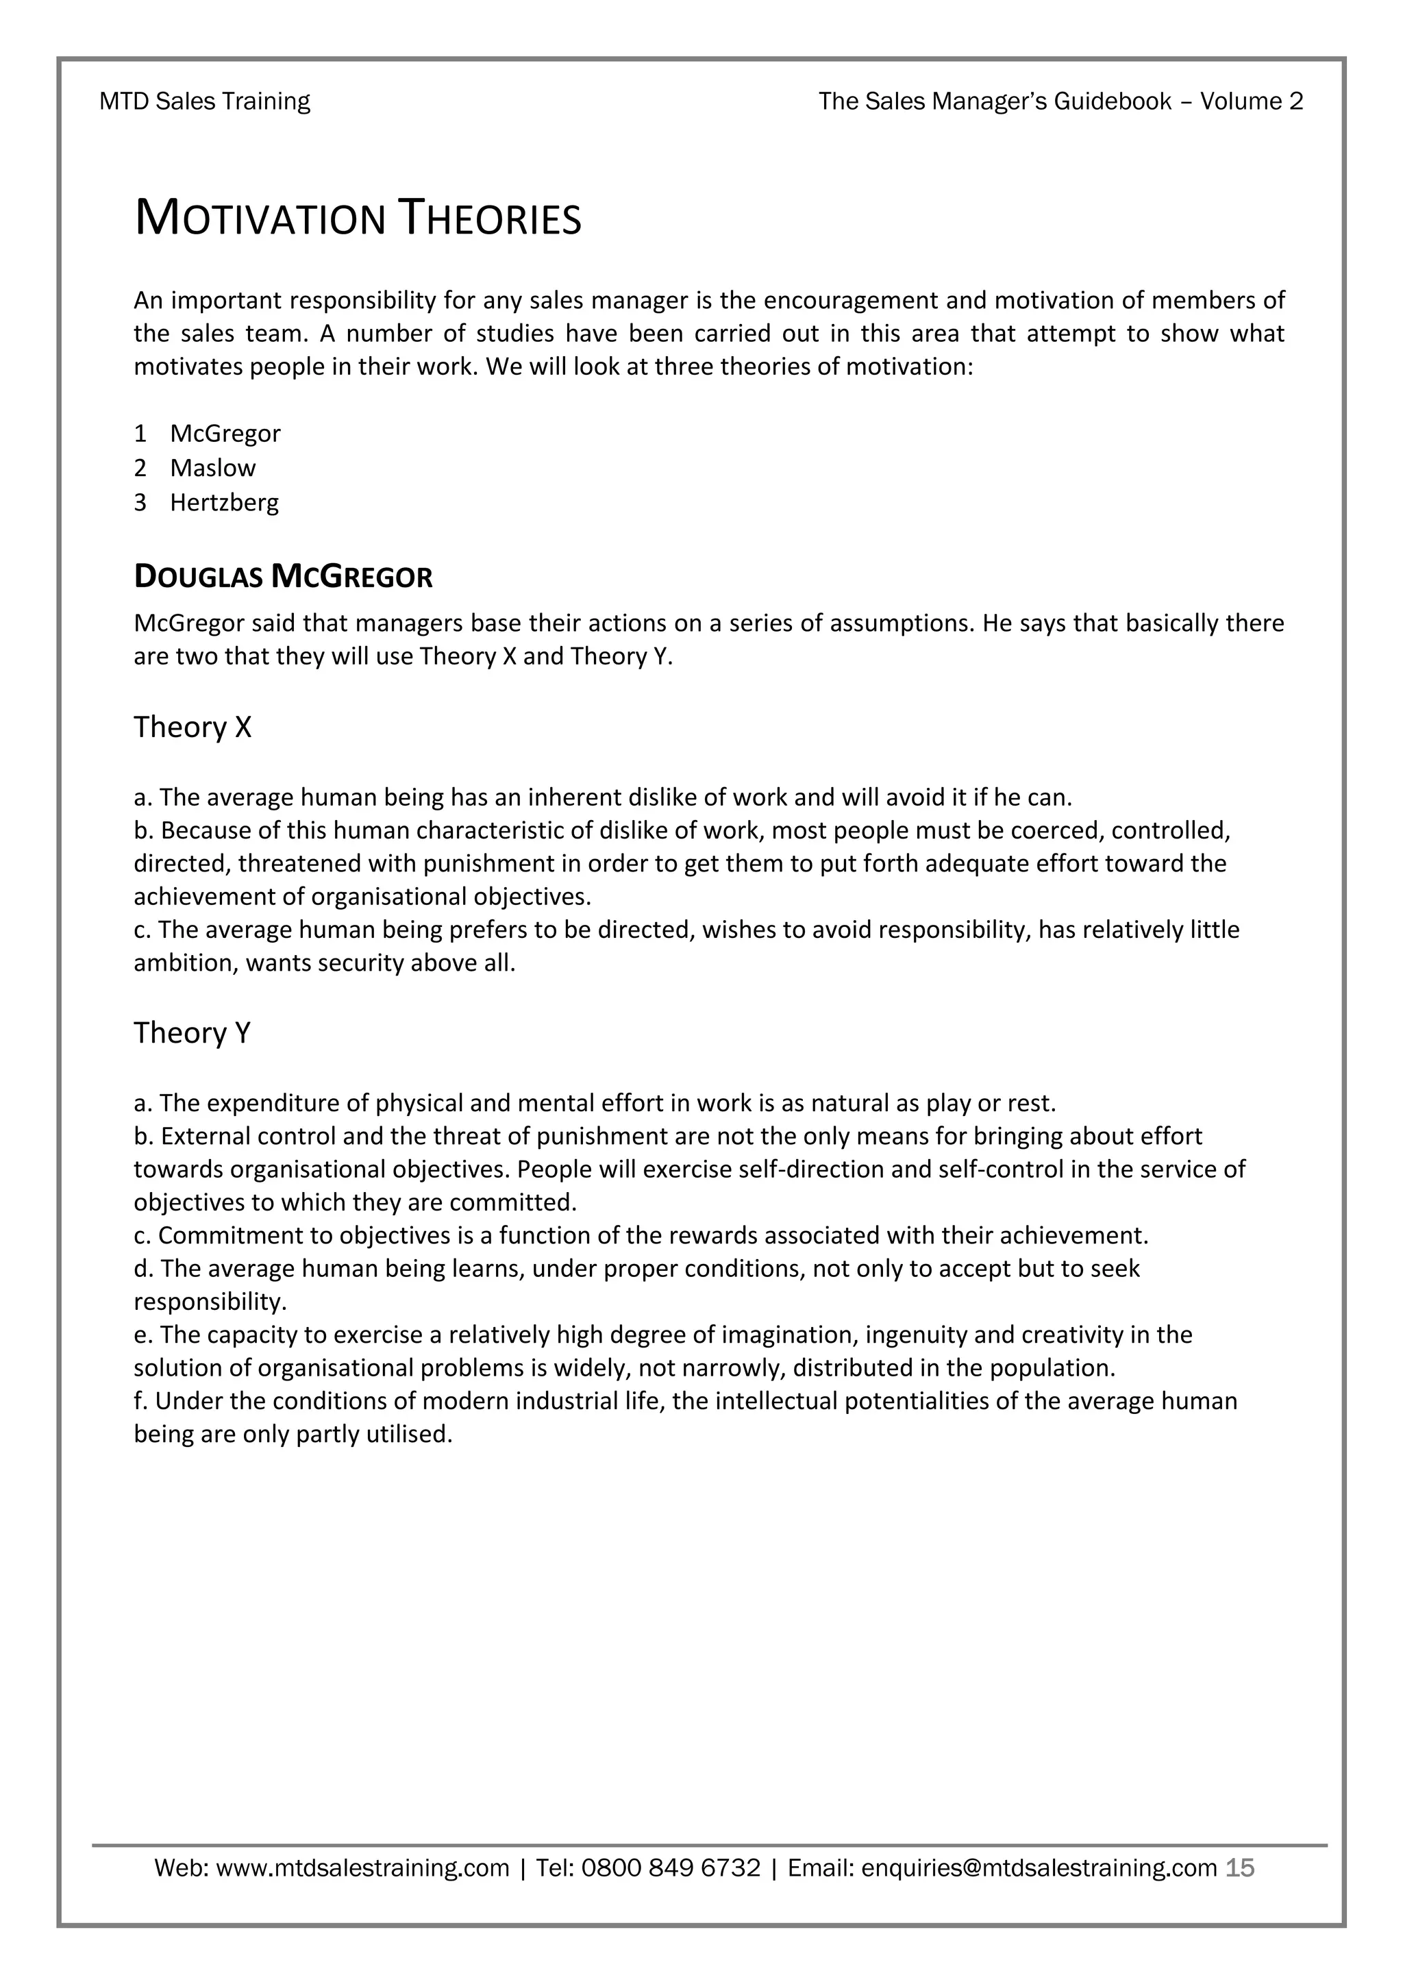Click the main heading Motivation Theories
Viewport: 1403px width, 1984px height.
(x=358, y=218)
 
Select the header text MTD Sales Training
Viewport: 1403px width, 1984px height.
(x=205, y=101)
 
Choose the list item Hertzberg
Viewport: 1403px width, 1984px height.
(x=224, y=502)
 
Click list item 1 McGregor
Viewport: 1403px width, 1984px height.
(x=225, y=433)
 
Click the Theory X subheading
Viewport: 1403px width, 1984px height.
(x=192, y=727)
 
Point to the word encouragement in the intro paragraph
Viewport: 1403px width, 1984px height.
(x=851, y=300)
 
